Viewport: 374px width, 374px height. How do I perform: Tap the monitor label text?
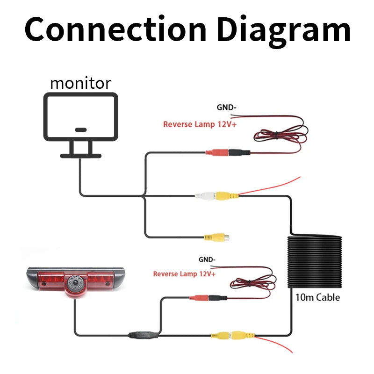[x=80, y=83]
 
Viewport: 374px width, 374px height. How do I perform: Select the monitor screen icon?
[x=80, y=117]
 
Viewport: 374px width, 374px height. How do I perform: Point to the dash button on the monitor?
[x=80, y=129]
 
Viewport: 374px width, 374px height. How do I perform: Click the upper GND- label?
[x=226, y=108]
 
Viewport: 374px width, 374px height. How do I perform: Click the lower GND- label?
[x=207, y=259]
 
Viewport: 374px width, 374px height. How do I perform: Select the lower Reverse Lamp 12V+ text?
[x=184, y=273]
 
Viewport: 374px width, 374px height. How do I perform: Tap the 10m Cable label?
[x=317, y=297]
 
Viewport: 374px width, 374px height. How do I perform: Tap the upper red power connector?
[x=217, y=152]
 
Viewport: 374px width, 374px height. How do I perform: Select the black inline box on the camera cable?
[x=143, y=334]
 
